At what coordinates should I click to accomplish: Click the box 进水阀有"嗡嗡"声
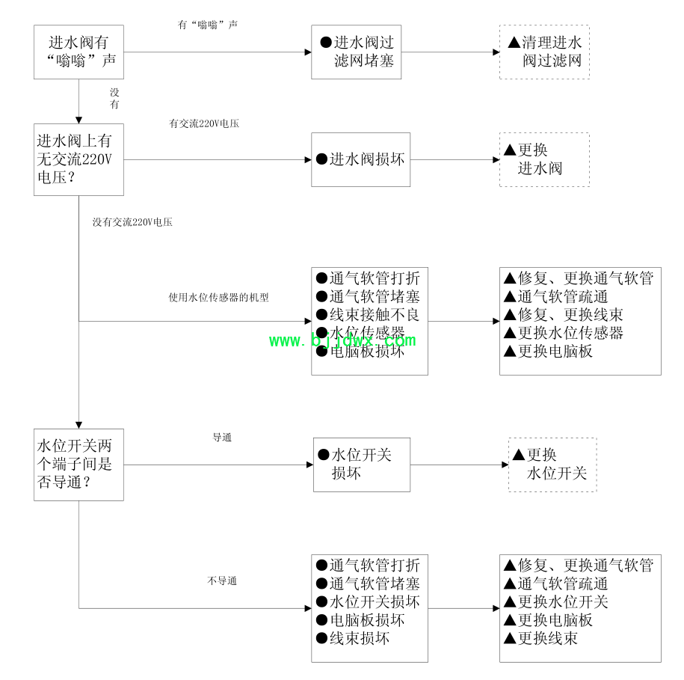coord(78,52)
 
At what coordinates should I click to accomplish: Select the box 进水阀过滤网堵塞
coord(357,52)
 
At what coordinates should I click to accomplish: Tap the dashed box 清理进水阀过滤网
coord(544,52)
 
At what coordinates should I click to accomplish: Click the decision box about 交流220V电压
coord(78,159)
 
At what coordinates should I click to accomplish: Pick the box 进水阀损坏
coord(361,159)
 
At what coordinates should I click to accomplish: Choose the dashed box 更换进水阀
coord(544,159)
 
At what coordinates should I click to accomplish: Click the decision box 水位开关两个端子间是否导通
coord(78,465)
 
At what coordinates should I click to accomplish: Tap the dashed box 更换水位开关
coord(552,465)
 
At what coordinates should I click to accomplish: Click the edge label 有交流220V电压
coord(204,124)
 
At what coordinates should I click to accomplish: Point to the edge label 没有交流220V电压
coord(132,222)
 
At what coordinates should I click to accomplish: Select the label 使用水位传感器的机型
coord(218,297)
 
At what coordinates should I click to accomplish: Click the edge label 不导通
coord(222,581)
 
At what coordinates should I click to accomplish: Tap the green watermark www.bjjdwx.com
coord(342,341)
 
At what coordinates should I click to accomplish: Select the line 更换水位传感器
coord(564,333)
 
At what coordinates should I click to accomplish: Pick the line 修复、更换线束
coord(564,315)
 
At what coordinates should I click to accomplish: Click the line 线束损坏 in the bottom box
coord(353,638)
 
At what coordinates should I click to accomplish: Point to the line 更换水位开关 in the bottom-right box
coord(557,602)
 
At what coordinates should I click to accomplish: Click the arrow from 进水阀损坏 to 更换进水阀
coord(455,159)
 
